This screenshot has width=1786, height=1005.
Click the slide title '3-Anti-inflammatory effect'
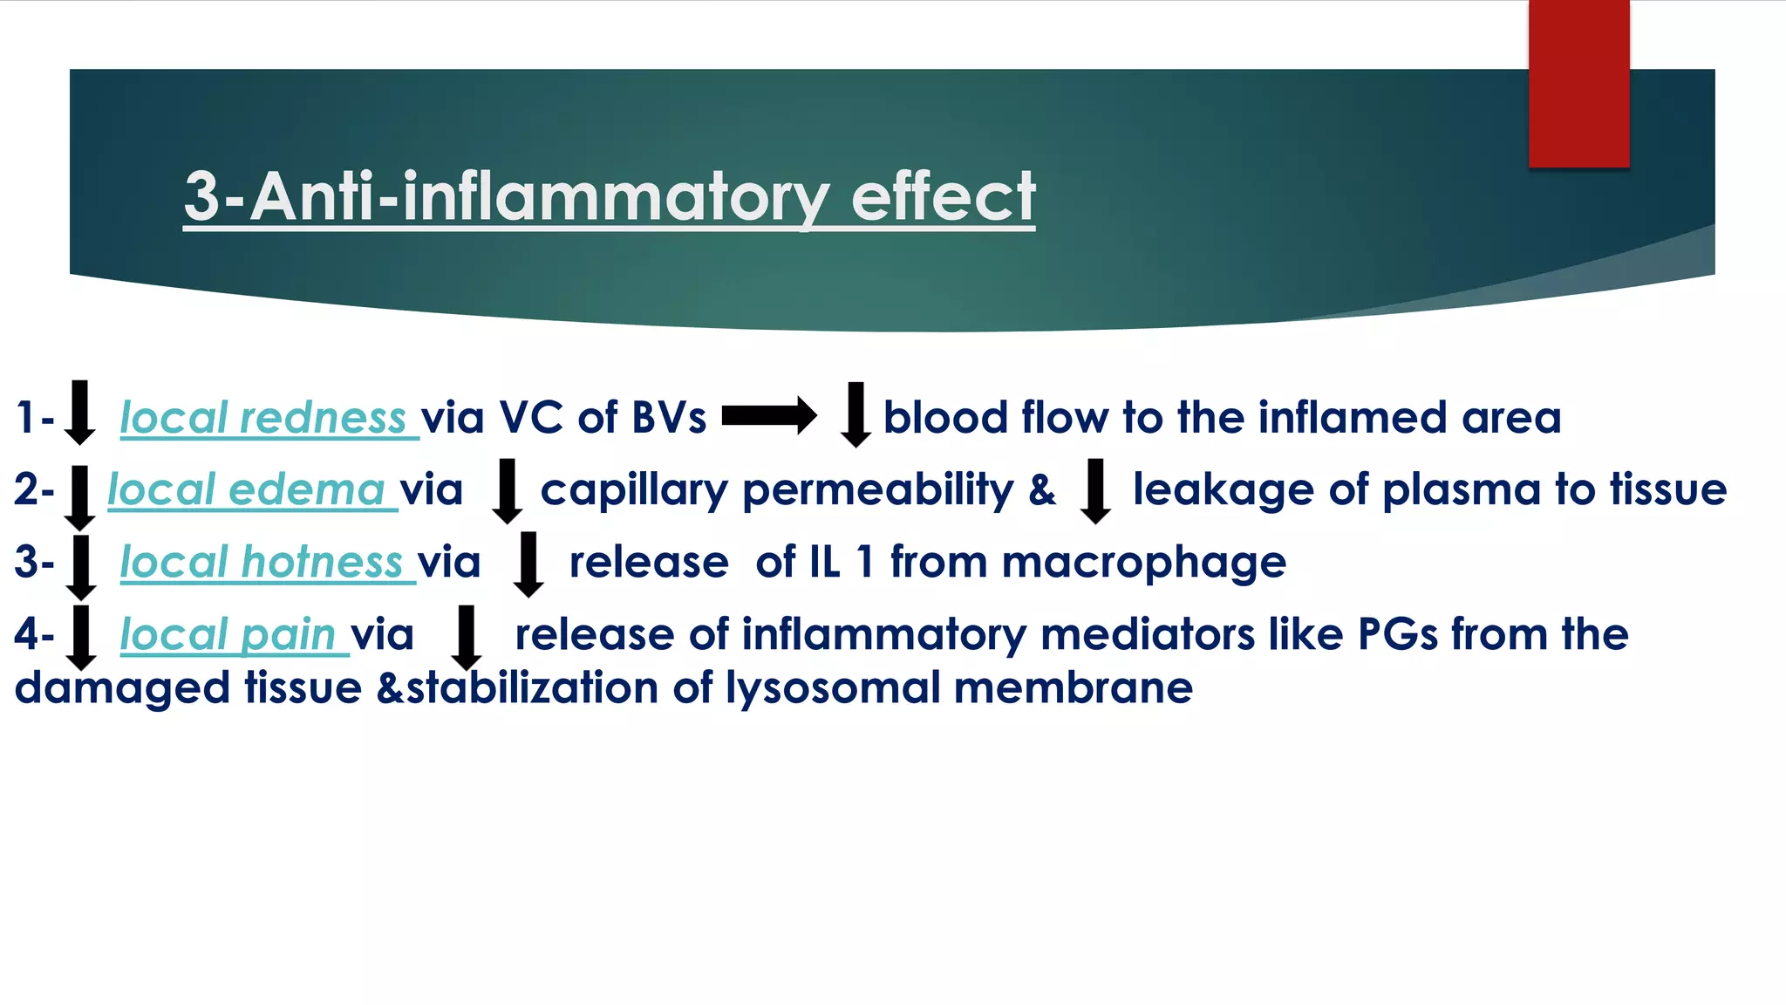click(x=609, y=197)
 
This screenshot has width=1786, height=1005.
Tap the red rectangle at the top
click(x=1578, y=83)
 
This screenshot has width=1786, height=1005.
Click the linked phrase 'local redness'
click(x=262, y=418)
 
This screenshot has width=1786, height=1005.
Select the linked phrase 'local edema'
click(x=246, y=490)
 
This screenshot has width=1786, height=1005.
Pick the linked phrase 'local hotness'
click(x=261, y=563)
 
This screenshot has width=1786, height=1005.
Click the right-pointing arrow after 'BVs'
click(x=769, y=415)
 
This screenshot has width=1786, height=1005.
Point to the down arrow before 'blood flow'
click(x=856, y=414)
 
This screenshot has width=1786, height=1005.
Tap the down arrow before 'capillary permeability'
click(x=507, y=490)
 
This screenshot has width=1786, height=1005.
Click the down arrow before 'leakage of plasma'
click(x=1094, y=490)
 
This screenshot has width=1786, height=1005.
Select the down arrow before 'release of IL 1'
click(x=528, y=564)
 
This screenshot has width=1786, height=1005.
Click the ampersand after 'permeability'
click(x=1042, y=490)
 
